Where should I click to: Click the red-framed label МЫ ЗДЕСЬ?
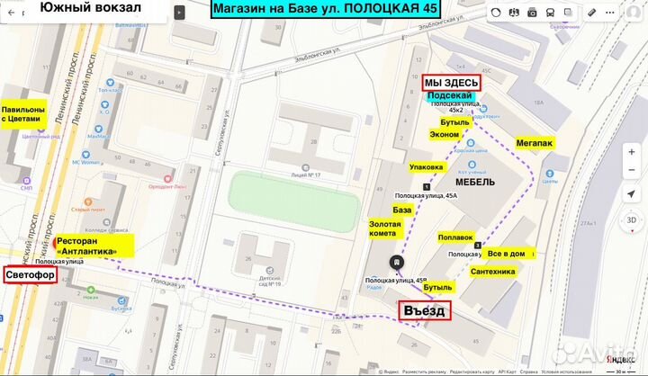[452, 82]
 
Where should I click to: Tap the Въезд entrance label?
[424, 310]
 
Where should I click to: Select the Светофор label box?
[30, 274]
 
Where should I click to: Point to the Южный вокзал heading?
[90, 10]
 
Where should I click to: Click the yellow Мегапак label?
[535, 142]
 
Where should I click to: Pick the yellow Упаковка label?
[427, 166]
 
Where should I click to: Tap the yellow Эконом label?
[444, 134]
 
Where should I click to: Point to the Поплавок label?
[455, 237]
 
